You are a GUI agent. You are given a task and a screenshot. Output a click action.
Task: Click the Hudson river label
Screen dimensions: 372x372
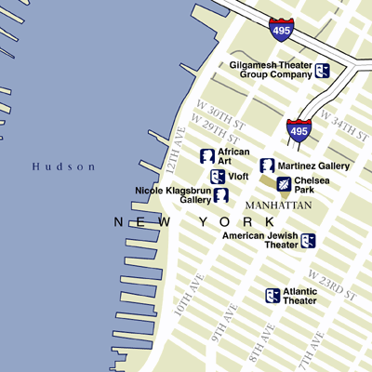click(x=63, y=166)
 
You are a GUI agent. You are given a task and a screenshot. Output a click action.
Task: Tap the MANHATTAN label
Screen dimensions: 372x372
click(x=278, y=205)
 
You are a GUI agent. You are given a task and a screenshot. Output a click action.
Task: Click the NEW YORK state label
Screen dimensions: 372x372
click(x=195, y=222)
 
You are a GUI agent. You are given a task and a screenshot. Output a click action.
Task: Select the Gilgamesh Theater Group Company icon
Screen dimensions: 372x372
click(x=322, y=70)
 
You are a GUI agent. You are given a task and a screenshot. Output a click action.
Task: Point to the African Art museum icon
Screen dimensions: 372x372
click(x=208, y=155)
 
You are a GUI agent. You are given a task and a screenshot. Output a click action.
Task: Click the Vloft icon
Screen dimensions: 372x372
click(x=217, y=176)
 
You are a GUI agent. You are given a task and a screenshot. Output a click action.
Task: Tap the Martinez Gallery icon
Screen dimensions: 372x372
click(x=267, y=166)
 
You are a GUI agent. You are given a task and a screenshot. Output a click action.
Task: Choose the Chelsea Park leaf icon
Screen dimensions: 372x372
click(x=283, y=183)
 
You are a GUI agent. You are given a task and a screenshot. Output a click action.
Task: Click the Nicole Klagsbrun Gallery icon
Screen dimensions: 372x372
click(x=221, y=194)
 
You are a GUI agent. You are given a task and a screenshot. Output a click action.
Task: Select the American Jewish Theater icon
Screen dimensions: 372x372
click(x=308, y=241)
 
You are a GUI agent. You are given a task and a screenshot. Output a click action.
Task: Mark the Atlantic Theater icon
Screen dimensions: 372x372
click(x=272, y=295)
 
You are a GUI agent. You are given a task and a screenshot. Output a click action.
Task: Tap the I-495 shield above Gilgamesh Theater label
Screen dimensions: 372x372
click(x=280, y=29)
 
